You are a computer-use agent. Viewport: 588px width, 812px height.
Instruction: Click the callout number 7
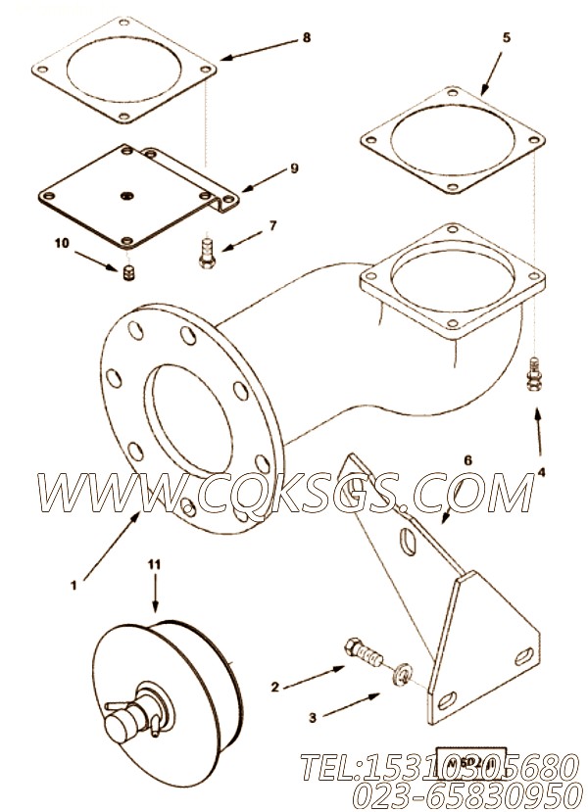click(x=272, y=226)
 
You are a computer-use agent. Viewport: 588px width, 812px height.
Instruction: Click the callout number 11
click(x=153, y=565)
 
